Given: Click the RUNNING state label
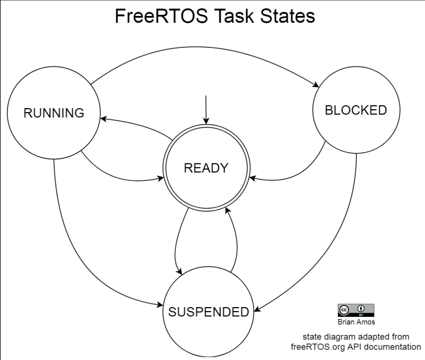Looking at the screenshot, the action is [x=54, y=113].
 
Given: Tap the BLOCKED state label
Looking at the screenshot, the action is [x=356, y=110].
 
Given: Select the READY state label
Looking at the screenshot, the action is [x=206, y=168].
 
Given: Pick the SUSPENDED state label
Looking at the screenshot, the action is [x=208, y=312].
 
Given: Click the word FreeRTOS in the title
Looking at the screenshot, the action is [x=162, y=16].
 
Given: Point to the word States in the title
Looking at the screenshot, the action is [x=287, y=16].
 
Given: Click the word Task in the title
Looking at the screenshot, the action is [x=234, y=16].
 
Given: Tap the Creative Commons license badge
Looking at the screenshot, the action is [x=356, y=310].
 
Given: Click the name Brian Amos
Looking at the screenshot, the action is [x=356, y=322].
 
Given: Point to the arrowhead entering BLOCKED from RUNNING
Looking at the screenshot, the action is [x=316, y=84].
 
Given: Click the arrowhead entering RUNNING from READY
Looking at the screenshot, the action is [x=104, y=119].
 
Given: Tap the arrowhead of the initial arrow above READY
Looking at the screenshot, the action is [x=206, y=121].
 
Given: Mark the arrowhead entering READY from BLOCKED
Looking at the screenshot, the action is [x=253, y=178].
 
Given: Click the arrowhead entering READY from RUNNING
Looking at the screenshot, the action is [x=160, y=178].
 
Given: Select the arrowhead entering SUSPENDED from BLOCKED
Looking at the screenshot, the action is [x=258, y=309].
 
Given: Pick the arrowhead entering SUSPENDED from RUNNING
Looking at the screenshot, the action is [x=160, y=305].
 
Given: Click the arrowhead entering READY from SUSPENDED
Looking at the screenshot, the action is [x=228, y=210].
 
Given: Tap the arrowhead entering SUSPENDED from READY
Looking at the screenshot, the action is [x=179, y=271].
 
